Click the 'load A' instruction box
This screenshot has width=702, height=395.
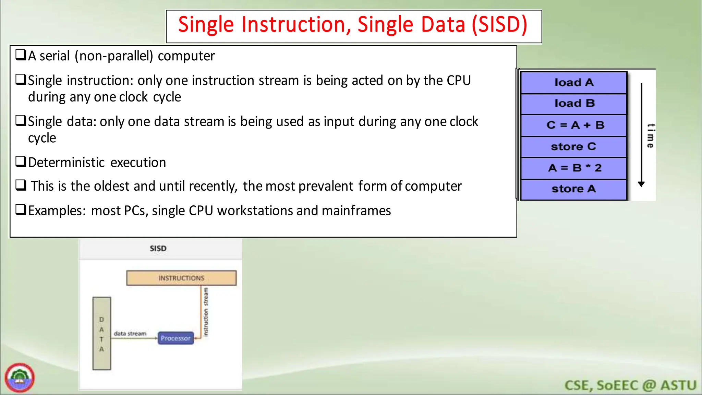573,83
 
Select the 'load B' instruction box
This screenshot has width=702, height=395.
573,104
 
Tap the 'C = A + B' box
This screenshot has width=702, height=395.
573,125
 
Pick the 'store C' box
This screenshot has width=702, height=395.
573,147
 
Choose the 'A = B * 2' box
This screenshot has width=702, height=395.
573,168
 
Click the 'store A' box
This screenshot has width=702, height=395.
573,189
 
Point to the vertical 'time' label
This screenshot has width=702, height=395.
650,136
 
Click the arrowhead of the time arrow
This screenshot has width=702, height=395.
641,184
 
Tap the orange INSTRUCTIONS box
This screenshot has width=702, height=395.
181,278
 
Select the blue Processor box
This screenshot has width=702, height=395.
175,338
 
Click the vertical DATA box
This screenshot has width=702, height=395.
101,334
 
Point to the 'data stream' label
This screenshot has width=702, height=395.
130,333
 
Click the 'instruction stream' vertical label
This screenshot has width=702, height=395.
206,312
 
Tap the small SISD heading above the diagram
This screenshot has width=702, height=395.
158,249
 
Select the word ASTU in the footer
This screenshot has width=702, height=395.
678,385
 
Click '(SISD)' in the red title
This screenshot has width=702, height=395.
499,25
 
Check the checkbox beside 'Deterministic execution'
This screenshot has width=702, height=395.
21,161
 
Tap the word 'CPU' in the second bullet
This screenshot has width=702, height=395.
459,81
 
